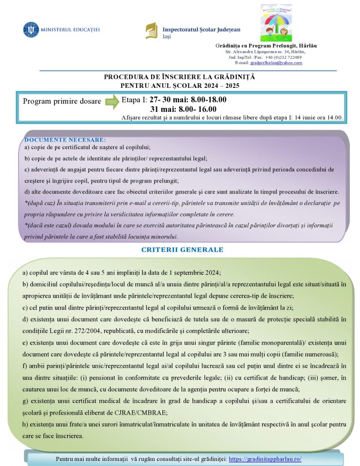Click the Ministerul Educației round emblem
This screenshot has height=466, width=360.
31,30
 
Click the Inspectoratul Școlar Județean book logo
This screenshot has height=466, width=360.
151,31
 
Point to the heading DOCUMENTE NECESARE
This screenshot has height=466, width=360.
65,140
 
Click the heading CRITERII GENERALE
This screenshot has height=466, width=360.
182,250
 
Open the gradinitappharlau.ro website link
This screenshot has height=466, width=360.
265,459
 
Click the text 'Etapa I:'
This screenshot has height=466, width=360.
134,100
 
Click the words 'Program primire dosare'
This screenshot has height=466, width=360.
62,101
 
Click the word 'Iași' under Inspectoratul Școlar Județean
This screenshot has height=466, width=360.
167,36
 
